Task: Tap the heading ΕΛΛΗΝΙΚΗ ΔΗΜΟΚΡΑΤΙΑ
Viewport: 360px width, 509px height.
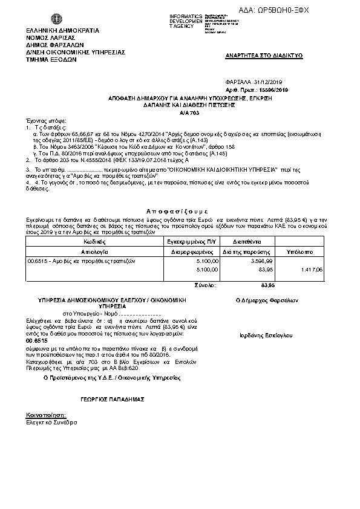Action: tap(54, 30)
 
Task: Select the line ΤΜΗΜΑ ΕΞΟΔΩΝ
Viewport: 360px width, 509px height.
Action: tap(48, 60)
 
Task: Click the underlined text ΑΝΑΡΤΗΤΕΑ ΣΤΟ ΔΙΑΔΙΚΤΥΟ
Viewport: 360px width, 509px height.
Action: tap(264, 55)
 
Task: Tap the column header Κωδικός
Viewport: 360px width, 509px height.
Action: tap(93, 241)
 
